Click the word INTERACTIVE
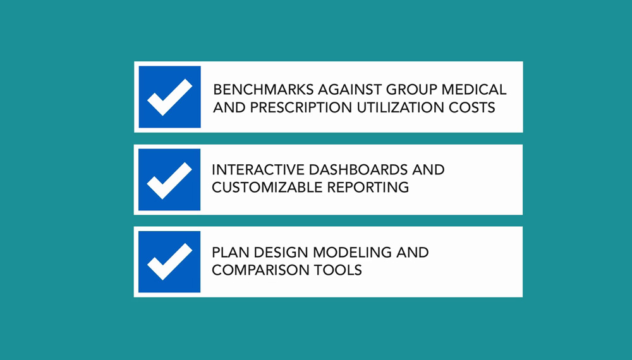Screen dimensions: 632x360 pyautogui.click(x=258, y=169)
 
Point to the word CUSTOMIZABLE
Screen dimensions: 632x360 pyautogui.click(x=267, y=187)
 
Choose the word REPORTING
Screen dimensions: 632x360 pyautogui.click(x=368, y=187)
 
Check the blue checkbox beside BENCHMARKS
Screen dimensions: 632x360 pyautogui.click(x=169, y=97)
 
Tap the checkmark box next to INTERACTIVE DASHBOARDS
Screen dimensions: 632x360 pyautogui.click(x=169, y=179)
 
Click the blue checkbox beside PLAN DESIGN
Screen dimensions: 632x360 pyautogui.click(x=169, y=261)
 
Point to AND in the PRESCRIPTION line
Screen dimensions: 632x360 pyautogui.click(x=229, y=107)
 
